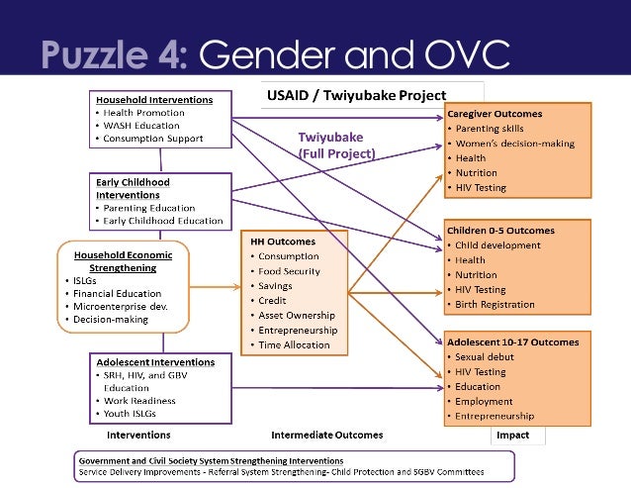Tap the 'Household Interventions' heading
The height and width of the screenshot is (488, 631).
tap(153, 100)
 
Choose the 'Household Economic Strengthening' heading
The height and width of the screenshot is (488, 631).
tap(123, 260)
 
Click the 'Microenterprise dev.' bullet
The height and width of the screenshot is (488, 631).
tap(110, 307)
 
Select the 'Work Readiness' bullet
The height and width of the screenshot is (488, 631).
tap(139, 401)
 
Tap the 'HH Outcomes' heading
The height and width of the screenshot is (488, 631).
tap(282, 242)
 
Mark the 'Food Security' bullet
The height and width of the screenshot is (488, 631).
tap(291, 271)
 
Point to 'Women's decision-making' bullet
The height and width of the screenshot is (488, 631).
tap(514, 144)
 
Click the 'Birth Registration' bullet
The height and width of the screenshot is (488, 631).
tap(495, 305)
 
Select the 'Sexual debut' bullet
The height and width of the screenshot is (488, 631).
tap(487, 356)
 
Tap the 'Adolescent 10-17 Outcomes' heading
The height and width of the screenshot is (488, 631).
tap(512, 342)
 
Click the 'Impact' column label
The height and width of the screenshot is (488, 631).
tap(513, 435)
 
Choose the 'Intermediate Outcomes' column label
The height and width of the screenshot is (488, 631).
tap(326, 435)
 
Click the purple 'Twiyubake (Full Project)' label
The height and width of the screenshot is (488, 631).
tap(336, 147)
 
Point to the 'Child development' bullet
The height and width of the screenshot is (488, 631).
tap(497, 245)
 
